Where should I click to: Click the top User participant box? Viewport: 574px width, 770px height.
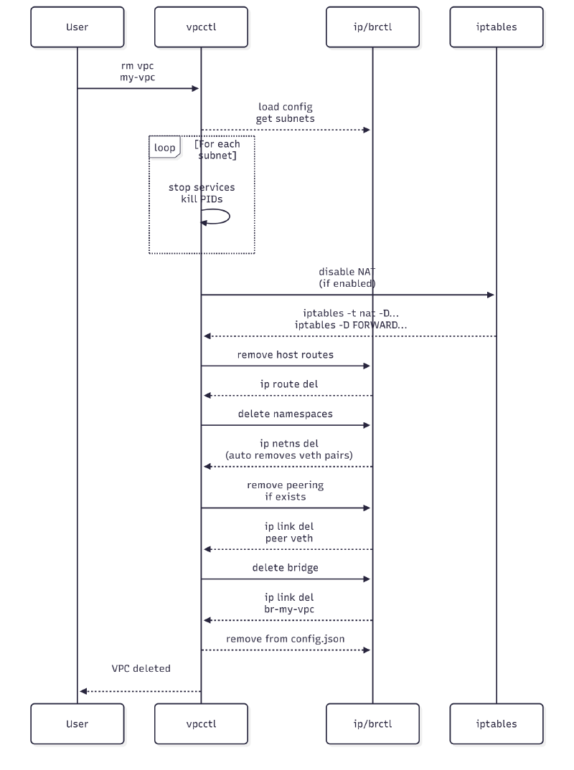pyautogui.click(x=77, y=27)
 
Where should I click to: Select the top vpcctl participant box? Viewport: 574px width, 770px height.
pyautogui.click(x=201, y=27)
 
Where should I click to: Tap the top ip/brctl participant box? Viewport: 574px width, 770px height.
pyautogui.click(x=372, y=27)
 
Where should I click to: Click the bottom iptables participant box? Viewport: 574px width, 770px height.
pyautogui.click(x=496, y=723)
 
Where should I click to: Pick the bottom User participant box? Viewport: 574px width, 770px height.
pyautogui.click(x=77, y=723)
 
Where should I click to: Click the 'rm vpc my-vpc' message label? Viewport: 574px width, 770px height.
pyautogui.click(x=138, y=71)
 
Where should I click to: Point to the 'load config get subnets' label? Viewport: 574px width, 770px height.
pyautogui.click(x=285, y=113)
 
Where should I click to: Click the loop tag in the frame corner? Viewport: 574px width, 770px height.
pyautogui.click(x=164, y=147)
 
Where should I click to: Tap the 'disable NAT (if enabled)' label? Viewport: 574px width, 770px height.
pyautogui.click(x=347, y=277)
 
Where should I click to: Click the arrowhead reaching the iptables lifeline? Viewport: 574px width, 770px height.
pyautogui.click(x=491, y=295)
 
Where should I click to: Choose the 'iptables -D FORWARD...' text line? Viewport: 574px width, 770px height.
pyautogui.click(x=347, y=325)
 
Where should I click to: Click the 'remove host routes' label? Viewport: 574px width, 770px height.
pyautogui.click(x=285, y=355)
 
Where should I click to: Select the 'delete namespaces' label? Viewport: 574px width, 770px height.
pyautogui.click(x=285, y=414)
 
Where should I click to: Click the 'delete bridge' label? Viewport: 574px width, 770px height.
pyautogui.click(x=285, y=567)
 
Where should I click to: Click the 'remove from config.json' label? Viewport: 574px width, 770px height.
pyautogui.click(x=285, y=638)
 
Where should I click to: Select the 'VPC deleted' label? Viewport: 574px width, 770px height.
pyautogui.click(x=141, y=668)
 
